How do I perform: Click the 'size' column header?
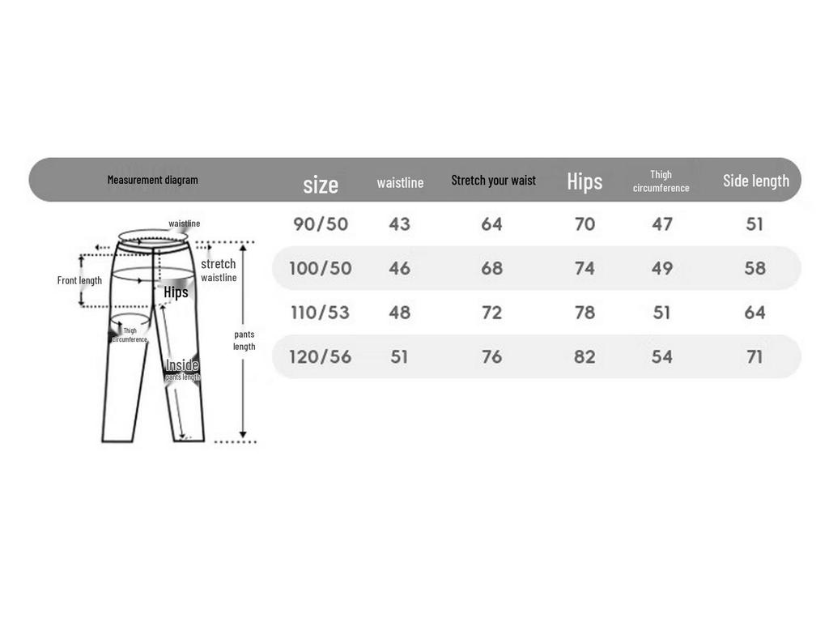click(x=321, y=185)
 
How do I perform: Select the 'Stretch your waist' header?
click(x=493, y=181)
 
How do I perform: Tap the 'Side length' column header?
click(x=756, y=181)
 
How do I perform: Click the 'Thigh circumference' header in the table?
click(x=661, y=181)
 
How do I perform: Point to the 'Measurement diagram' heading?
click(x=153, y=180)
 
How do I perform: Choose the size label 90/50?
click(x=321, y=224)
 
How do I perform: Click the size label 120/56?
click(x=320, y=357)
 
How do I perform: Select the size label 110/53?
click(x=320, y=313)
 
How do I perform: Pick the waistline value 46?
click(x=399, y=268)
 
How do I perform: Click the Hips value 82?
click(x=585, y=357)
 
